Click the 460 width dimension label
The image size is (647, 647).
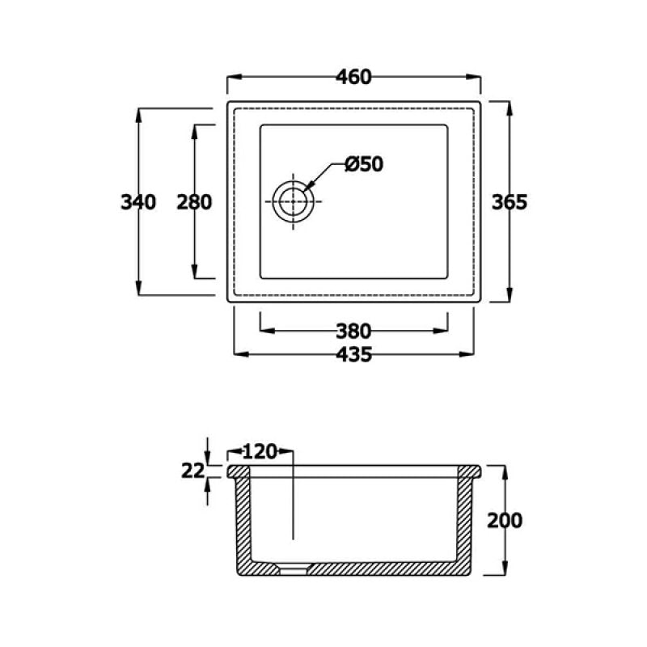point(353,77)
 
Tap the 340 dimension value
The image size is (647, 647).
point(138,202)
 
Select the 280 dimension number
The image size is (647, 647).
point(194,202)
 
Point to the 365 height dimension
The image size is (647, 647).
point(510,202)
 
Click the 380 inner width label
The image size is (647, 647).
point(353,331)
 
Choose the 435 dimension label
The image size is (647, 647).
point(353,354)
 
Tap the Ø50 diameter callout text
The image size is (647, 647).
point(364,164)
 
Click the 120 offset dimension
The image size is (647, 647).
point(260,452)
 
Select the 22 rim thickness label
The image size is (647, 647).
point(192,471)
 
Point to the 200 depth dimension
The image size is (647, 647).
point(505,520)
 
